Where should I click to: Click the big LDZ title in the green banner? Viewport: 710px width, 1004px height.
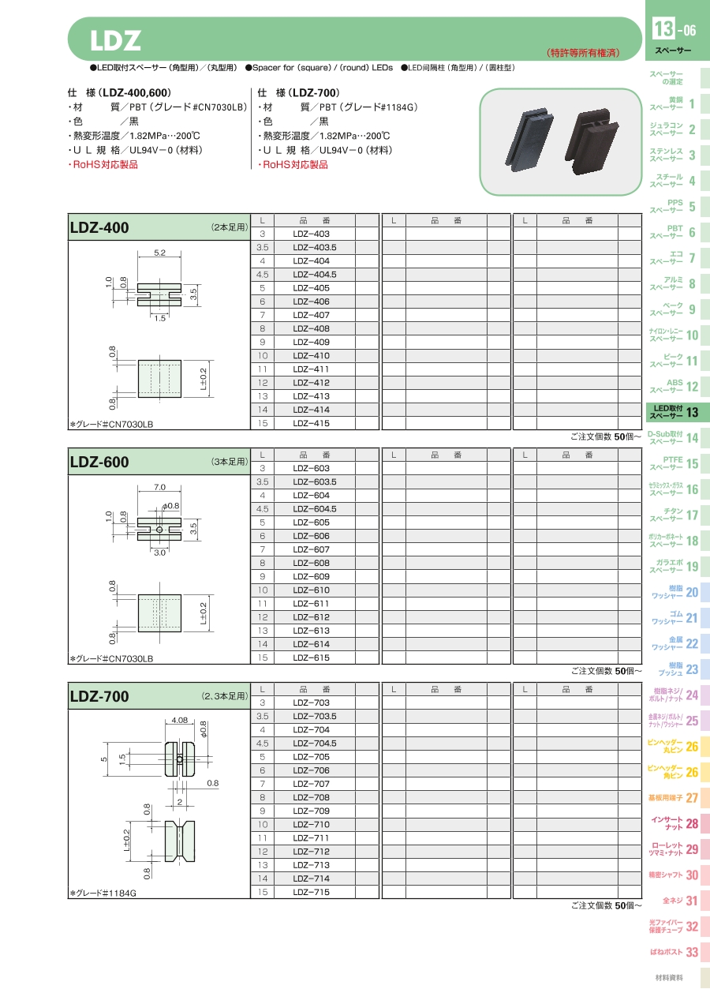pos(115,40)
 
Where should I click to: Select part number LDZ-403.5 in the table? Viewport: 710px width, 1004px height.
pos(315,247)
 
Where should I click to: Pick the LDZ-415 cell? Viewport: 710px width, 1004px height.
pos(311,423)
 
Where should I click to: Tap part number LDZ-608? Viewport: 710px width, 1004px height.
pos(311,563)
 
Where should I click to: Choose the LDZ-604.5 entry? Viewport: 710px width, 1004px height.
pos(315,509)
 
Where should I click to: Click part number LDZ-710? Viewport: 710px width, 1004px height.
pos(311,824)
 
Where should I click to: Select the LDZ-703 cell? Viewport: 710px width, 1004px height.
pos(311,702)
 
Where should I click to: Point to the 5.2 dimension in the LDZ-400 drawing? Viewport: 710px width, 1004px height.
pos(159,253)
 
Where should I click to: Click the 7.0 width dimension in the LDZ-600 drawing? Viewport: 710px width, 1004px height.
pos(159,487)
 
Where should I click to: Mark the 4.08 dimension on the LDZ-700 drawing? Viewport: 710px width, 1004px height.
pos(180,721)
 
